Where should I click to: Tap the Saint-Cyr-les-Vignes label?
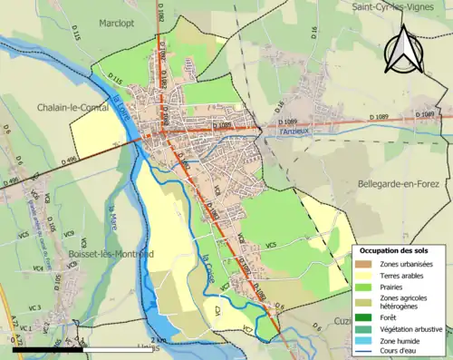tap(396, 6)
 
